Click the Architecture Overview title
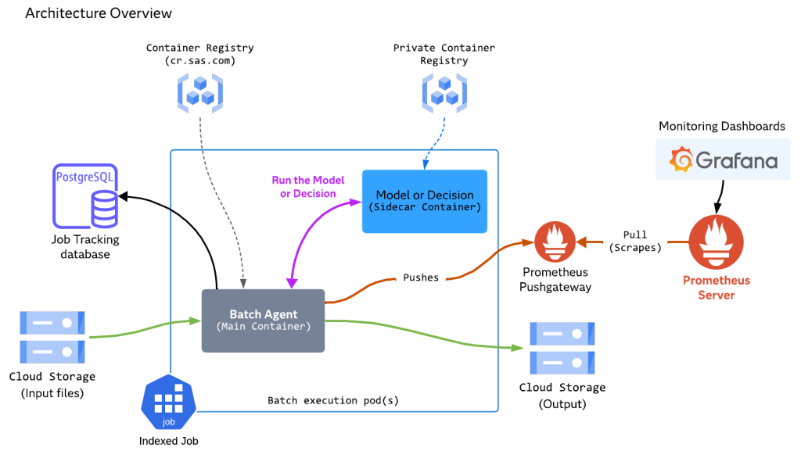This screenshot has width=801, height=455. [x=99, y=14]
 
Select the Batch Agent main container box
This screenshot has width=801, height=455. [x=263, y=321]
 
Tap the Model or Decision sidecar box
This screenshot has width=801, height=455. [x=424, y=201]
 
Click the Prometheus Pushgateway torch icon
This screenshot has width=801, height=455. [x=554, y=242]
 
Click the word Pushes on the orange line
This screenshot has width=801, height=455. [x=421, y=278]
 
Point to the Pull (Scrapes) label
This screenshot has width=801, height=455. [x=635, y=241]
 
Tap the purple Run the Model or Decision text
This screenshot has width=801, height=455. [x=308, y=187]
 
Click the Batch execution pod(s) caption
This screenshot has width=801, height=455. [x=333, y=400]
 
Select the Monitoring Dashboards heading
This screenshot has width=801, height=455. [x=721, y=126]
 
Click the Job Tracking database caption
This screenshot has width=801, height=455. [x=86, y=247]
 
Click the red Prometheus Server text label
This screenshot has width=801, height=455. [x=717, y=287]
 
